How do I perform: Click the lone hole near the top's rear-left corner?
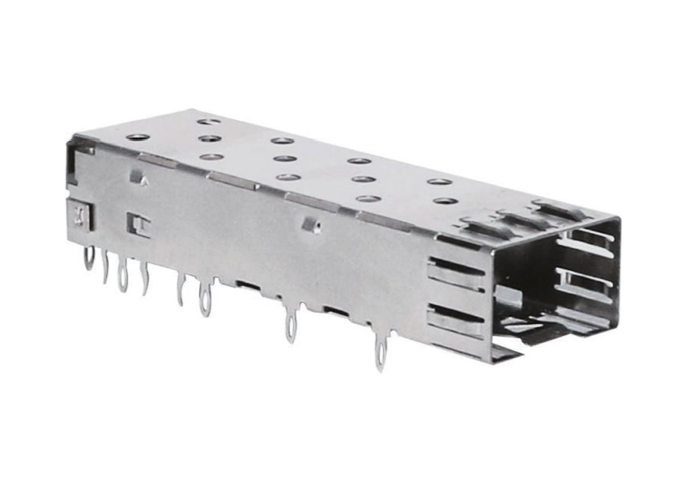tap(138, 137)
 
